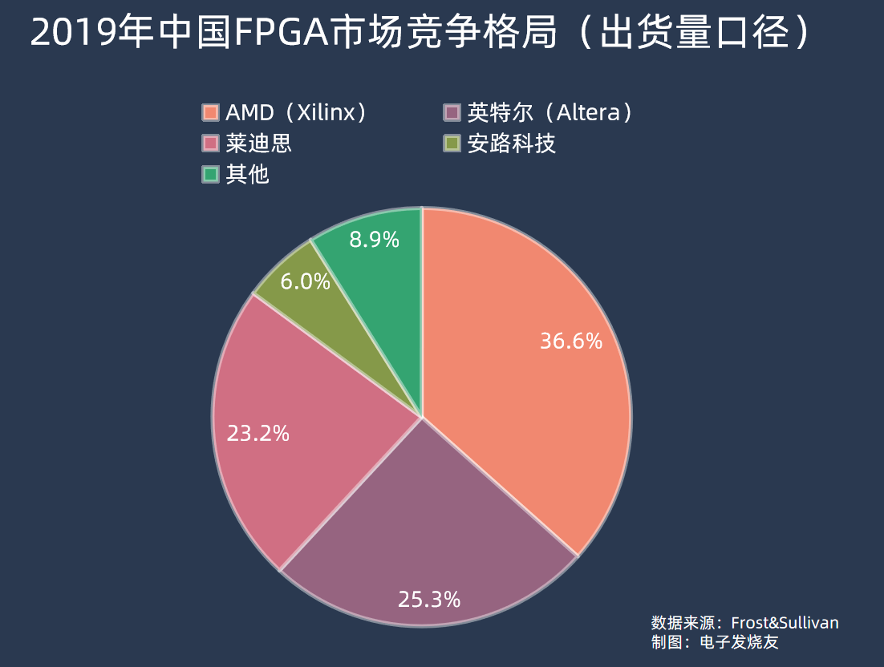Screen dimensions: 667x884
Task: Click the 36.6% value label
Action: (570, 342)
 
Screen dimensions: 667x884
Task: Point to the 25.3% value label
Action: (429, 599)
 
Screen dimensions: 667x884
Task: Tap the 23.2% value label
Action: (257, 434)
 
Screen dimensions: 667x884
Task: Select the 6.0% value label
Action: (305, 281)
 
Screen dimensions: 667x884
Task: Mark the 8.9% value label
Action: (374, 239)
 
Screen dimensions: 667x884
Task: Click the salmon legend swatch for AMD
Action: (211, 112)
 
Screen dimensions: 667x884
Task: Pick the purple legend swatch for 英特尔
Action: (452, 112)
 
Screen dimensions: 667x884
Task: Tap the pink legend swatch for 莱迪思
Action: (211, 144)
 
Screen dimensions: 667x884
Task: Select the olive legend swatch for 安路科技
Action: (452, 144)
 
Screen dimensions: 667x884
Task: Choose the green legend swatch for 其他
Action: (211, 174)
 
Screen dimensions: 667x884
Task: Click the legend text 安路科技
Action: (511, 144)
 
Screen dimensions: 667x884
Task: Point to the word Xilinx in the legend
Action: (326, 113)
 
